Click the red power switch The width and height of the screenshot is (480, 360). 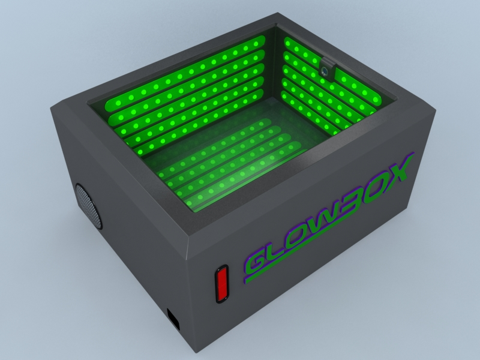click(x=223, y=283)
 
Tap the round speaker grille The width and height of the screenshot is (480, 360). click(x=88, y=205)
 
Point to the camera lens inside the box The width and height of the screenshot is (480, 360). click(x=325, y=70)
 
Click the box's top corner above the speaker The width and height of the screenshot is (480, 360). click(x=52, y=107)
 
